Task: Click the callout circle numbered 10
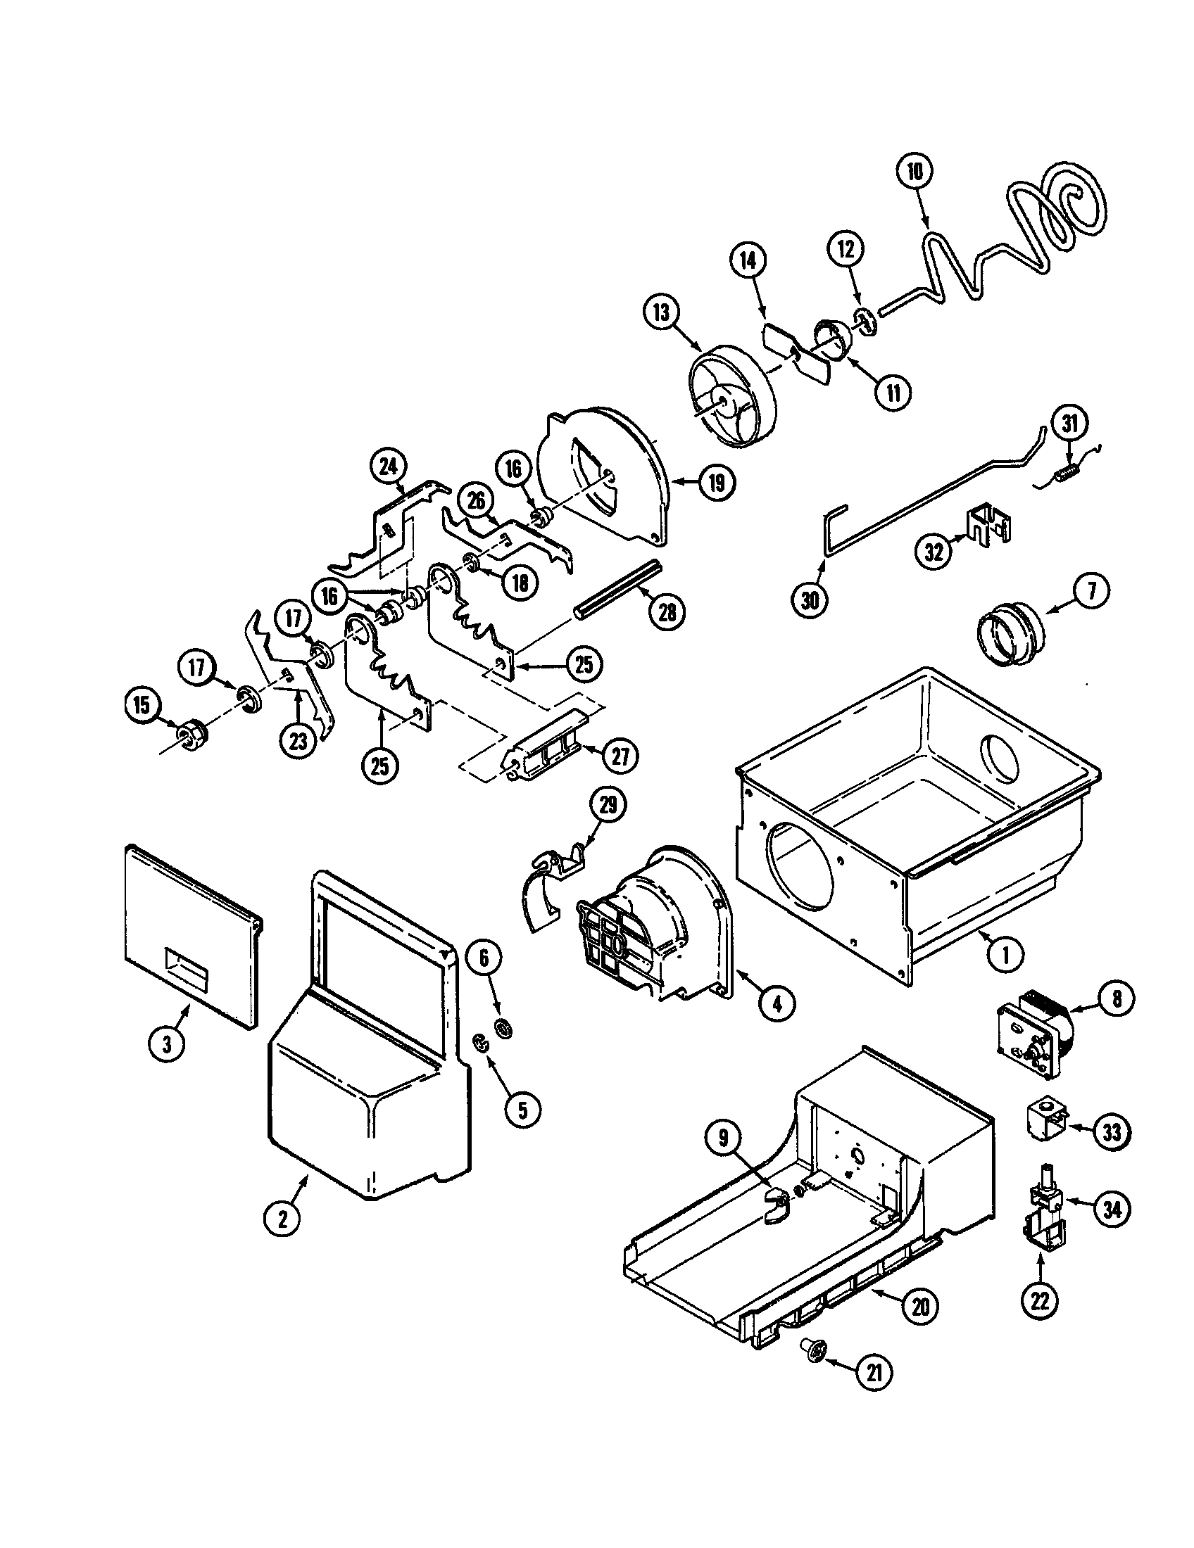(915, 171)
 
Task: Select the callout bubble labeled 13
(662, 312)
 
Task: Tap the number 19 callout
(716, 483)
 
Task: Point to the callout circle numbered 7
(1091, 591)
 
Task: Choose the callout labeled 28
(667, 611)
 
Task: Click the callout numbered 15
(144, 705)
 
